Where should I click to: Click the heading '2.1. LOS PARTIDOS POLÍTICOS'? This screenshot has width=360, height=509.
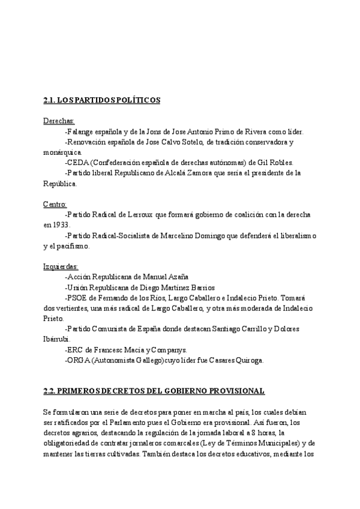[101, 100]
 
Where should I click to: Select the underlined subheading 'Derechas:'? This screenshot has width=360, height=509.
[59, 121]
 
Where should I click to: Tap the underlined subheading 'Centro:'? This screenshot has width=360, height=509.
[55, 204]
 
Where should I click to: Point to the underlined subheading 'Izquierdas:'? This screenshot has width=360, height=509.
[61, 266]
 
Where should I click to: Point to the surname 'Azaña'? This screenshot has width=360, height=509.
[176, 277]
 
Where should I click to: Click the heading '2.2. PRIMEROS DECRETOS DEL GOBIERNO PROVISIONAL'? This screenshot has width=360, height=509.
[154, 391]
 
